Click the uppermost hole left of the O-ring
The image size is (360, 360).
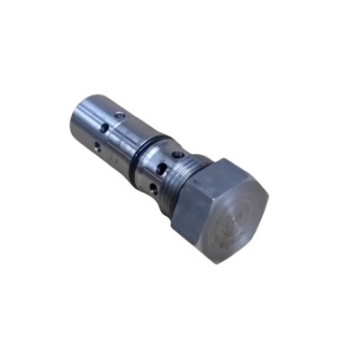tap(120, 115)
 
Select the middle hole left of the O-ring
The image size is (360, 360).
tap(105, 129)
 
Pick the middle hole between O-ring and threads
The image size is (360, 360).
tap(160, 168)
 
